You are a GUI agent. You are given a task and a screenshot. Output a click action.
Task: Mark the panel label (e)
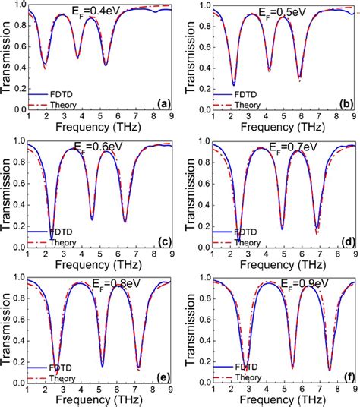click(x=160, y=377)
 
